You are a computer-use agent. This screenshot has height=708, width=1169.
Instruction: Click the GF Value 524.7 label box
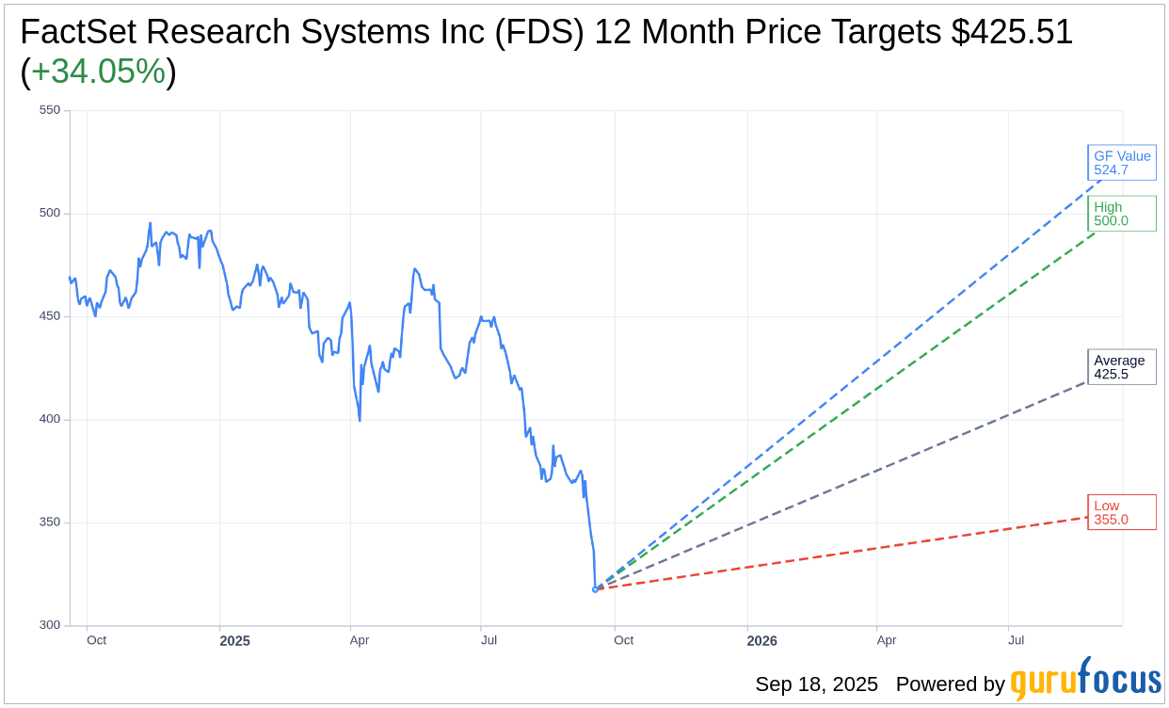[x=1121, y=163]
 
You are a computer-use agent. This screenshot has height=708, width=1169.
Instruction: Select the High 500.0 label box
[x=1121, y=214]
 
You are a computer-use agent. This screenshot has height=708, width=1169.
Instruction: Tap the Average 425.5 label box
[x=1121, y=367]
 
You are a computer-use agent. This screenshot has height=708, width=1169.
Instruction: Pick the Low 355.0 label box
[x=1121, y=512]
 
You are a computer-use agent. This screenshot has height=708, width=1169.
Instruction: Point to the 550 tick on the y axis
[x=50, y=110]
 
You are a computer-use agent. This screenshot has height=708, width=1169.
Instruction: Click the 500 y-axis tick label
[x=50, y=213]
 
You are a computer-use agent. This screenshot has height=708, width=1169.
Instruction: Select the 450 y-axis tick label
[x=50, y=316]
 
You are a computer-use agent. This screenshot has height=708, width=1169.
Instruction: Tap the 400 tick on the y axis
[x=50, y=419]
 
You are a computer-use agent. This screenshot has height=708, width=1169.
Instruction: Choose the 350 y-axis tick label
[x=50, y=523]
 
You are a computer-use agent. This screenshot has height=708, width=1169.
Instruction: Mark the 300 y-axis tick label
[x=50, y=625]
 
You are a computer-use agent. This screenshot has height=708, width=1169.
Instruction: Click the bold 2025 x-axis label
[x=235, y=641]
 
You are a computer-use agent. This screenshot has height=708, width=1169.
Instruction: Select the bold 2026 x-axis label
[x=762, y=641]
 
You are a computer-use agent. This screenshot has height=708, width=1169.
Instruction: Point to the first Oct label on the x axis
[x=96, y=640]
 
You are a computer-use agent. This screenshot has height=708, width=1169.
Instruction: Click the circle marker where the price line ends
[x=595, y=589]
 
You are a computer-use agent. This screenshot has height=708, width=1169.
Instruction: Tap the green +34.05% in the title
[x=98, y=72]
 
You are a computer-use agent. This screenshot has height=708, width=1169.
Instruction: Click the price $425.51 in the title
[x=1012, y=33]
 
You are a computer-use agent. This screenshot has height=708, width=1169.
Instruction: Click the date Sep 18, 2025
[x=816, y=684]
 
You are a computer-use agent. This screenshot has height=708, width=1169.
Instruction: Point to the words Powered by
[x=950, y=684]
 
